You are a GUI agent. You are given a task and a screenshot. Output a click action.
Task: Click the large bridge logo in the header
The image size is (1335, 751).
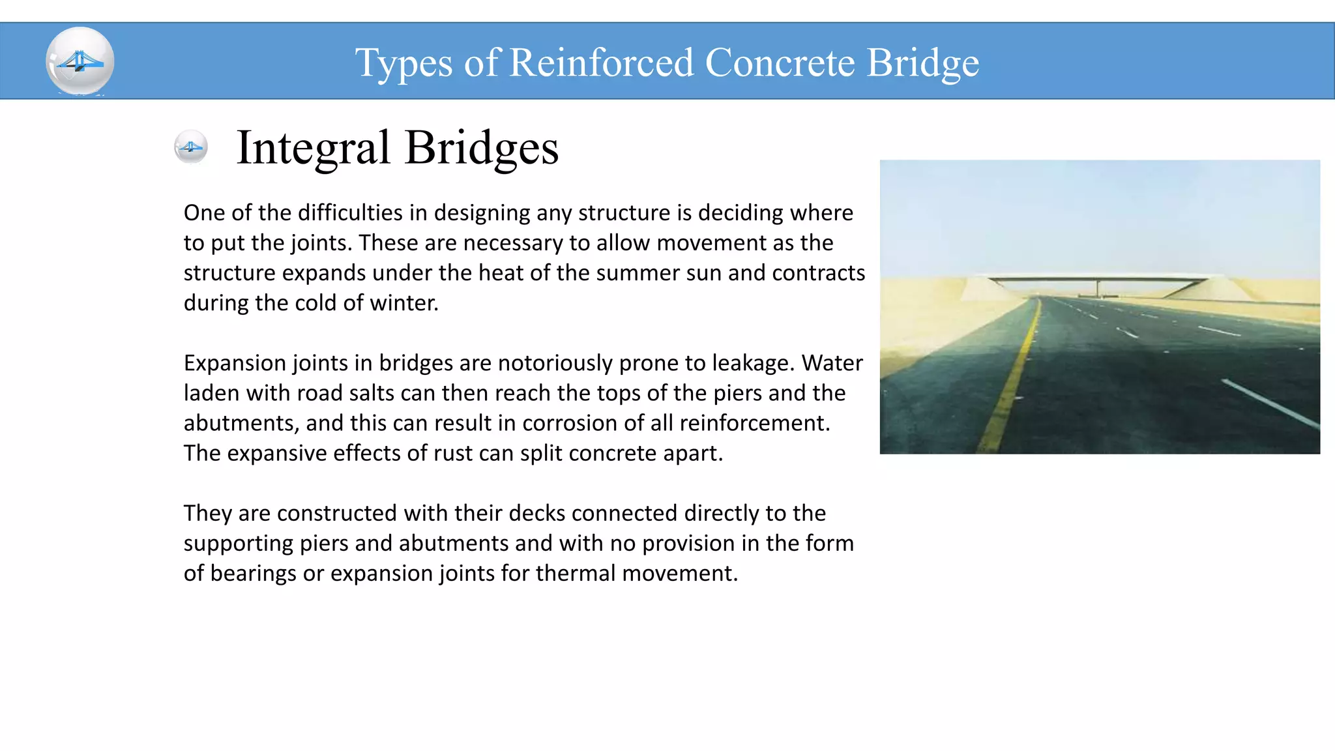pyautogui.click(x=80, y=61)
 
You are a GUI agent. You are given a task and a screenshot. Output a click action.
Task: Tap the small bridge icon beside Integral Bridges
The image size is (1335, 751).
pyautogui.click(x=191, y=147)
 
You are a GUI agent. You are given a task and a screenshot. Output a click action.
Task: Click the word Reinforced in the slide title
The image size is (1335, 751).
pyautogui.click(x=601, y=63)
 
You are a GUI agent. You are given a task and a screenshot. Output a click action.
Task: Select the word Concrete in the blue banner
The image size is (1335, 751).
pyautogui.click(x=780, y=63)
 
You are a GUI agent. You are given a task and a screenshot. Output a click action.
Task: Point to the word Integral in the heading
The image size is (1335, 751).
pyautogui.click(x=313, y=148)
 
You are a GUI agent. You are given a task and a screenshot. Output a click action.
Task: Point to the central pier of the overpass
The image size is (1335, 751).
pyautogui.click(x=1098, y=287)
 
